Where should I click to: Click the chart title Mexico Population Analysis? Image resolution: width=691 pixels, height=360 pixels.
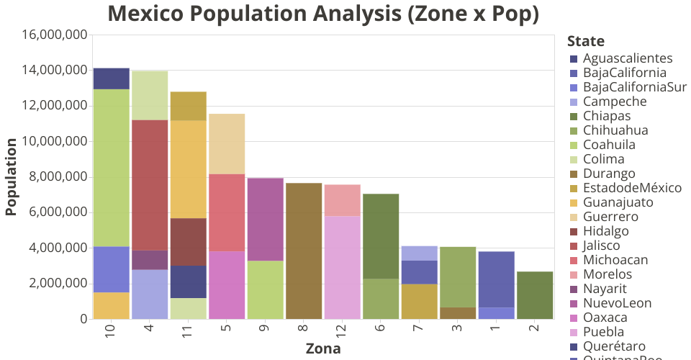[323, 14]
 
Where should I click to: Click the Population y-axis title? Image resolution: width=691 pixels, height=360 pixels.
[11, 176]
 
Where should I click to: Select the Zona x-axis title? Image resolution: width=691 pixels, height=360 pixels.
[323, 349]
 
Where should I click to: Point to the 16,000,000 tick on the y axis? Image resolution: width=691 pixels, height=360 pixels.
[55, 35]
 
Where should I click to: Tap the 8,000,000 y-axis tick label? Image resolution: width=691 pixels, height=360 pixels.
[58, 177]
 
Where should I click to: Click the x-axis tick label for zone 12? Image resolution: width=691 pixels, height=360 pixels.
[342, 331]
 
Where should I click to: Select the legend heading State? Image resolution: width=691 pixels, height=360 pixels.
[585, 41]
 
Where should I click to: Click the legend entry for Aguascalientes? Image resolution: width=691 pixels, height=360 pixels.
[628, 58]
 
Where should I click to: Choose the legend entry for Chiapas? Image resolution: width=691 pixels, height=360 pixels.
[607, 116]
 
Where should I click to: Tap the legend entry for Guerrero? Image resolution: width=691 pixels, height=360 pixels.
[611, 217]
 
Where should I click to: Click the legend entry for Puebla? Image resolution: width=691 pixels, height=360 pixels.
[604, 332]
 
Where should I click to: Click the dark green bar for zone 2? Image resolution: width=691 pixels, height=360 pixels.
[534, 295]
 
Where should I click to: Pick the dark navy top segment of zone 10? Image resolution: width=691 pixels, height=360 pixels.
[111, 78]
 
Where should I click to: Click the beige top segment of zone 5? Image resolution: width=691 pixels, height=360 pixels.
[227, 143]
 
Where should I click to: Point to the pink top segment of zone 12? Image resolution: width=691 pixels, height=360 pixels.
[342, 199]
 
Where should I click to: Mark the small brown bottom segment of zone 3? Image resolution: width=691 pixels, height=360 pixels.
[457, 313]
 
